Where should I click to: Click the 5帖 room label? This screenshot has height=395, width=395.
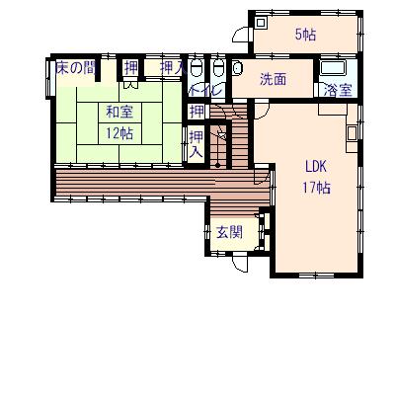point(305,35)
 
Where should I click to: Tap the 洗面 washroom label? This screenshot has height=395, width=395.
point(273,79)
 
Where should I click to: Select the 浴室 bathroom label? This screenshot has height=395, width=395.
point(338,90)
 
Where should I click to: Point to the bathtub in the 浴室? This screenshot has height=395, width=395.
point(333,68)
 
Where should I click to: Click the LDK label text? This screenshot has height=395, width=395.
point(316,167)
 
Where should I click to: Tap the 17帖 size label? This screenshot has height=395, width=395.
point(316,188)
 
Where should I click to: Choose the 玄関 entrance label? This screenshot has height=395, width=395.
point(229,233)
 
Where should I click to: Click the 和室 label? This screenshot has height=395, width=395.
point(119,112)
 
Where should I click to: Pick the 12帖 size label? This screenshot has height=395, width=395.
point(119,133)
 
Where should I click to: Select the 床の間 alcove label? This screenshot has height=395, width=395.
point(76,68)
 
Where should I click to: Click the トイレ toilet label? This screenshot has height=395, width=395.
point(206,90)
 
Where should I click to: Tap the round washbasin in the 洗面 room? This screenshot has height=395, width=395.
point(238,68)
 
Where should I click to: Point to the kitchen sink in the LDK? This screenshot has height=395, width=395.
point(352,133)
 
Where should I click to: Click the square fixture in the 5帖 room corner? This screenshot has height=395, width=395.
point(261,23)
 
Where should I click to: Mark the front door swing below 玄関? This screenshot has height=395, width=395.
point(239,264)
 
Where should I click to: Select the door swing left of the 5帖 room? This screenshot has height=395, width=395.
point(242,35)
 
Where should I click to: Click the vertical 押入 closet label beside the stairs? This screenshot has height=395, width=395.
point(197,144)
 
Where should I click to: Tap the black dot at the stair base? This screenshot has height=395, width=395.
point(217,165)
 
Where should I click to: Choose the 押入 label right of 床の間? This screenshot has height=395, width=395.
point(172,68)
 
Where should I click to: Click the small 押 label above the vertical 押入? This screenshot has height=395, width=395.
point(197,112)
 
